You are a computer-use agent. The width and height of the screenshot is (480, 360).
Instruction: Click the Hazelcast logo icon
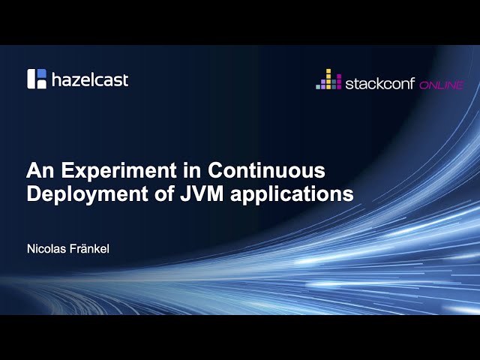point(37,79)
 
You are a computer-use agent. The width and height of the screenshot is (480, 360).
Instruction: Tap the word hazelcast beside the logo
point(90,79)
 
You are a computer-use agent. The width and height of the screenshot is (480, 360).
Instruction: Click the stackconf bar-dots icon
point(328,79)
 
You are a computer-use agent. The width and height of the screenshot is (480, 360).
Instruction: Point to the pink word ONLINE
point(442,84)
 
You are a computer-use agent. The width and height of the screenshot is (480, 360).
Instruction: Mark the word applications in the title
point(286,193)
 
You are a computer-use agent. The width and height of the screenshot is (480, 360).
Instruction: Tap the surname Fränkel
point(90,248)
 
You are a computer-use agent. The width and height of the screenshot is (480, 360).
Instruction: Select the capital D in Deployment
point(34,193)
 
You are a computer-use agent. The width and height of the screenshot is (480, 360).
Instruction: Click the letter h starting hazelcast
point(57,79)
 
